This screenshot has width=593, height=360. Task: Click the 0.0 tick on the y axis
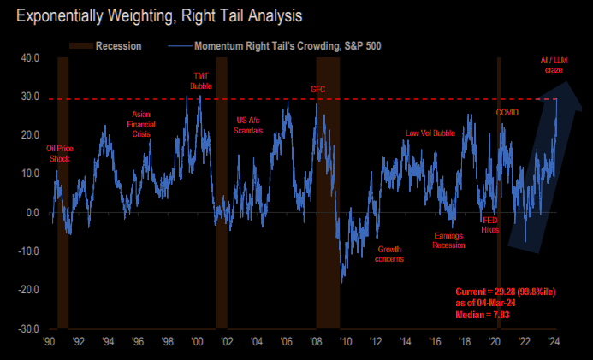point(33,213)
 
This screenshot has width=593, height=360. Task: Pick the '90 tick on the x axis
point(50,339)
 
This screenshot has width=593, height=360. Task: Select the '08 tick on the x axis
point(316,339)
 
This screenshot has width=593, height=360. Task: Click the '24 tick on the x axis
point(554,339)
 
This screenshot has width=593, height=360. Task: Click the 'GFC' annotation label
point(318,90)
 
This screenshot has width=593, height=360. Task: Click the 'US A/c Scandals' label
point(248,125)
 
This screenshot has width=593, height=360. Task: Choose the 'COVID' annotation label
point(507,112)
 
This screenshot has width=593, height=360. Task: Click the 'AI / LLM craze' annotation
point(553,65)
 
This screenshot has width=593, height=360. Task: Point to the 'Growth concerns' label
point(389,254)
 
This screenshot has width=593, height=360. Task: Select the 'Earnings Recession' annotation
point(449,239)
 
